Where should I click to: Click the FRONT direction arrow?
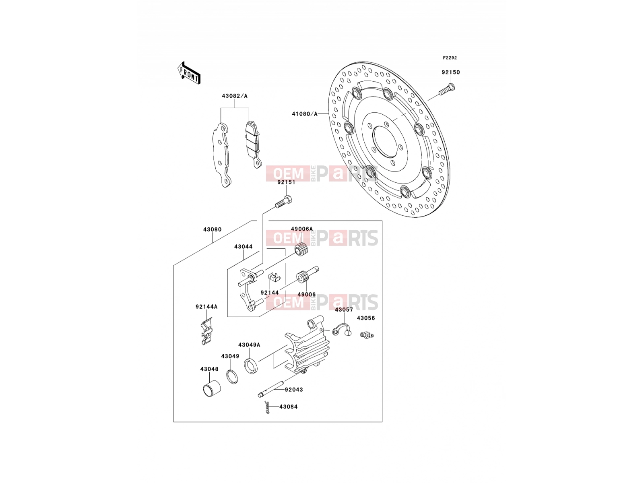point(189,73)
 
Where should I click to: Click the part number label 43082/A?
point(235,96)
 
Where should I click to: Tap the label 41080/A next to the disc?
point(305,114)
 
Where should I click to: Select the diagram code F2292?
point(450,58)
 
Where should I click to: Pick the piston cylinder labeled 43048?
point(212,389)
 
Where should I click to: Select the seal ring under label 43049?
point(232,377)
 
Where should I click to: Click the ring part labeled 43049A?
point(251,366)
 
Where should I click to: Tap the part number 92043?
point(294,390)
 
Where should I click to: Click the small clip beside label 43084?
point(267,407)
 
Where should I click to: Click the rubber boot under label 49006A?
point(301,249)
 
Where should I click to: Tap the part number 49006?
point(307,294)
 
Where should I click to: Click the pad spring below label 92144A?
point(206,331)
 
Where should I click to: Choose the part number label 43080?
point(213,229)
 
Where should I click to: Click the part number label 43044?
point(243,247)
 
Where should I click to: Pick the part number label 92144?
point(270,292)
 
